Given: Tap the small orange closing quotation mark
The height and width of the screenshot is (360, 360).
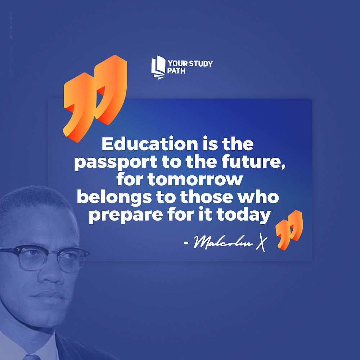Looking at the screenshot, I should (289, 230).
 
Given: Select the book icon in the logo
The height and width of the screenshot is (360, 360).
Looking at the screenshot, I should (158, 68).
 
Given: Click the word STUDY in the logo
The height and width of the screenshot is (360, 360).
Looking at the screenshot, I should (199, 64).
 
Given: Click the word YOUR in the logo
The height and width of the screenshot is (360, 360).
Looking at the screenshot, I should (176, 64).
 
